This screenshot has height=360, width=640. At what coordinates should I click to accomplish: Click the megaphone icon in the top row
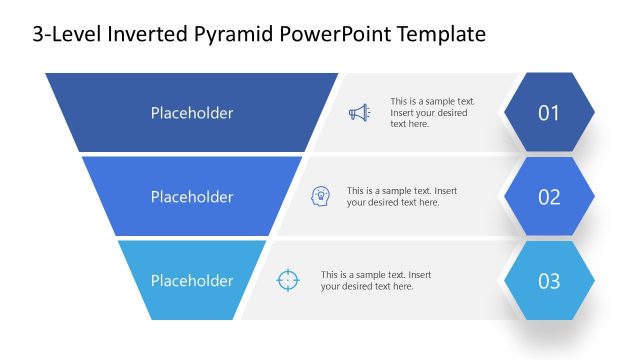pyautogui.click(x=359, y=113)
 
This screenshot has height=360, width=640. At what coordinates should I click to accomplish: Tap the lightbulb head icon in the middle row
pyautogui.click(x=321, y=196)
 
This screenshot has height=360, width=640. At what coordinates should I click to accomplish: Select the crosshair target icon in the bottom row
pyautogui.click(x=287, y=280)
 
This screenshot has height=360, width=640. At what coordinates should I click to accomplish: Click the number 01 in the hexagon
pyautogui.click(x=549, y=113)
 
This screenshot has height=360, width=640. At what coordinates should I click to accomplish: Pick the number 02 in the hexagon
pyautogui.click(x=549, y=197)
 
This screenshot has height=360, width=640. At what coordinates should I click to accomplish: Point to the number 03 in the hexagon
pyautogui.click(x=549, y=281)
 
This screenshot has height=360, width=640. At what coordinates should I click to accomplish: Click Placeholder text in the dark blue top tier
pyautogui.click(x=192, y=113)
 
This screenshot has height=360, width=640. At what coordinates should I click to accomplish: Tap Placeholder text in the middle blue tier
pyautogui.click(x=192, y=197)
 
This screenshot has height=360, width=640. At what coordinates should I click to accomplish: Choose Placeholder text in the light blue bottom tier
pyautogui.click(x=192, y=281)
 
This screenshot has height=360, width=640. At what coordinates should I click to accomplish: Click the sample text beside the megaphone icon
pyautogui.click(x=432, y=112)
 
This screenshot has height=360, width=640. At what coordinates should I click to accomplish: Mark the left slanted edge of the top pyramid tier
pyautogui.click(x=62, y=112)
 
